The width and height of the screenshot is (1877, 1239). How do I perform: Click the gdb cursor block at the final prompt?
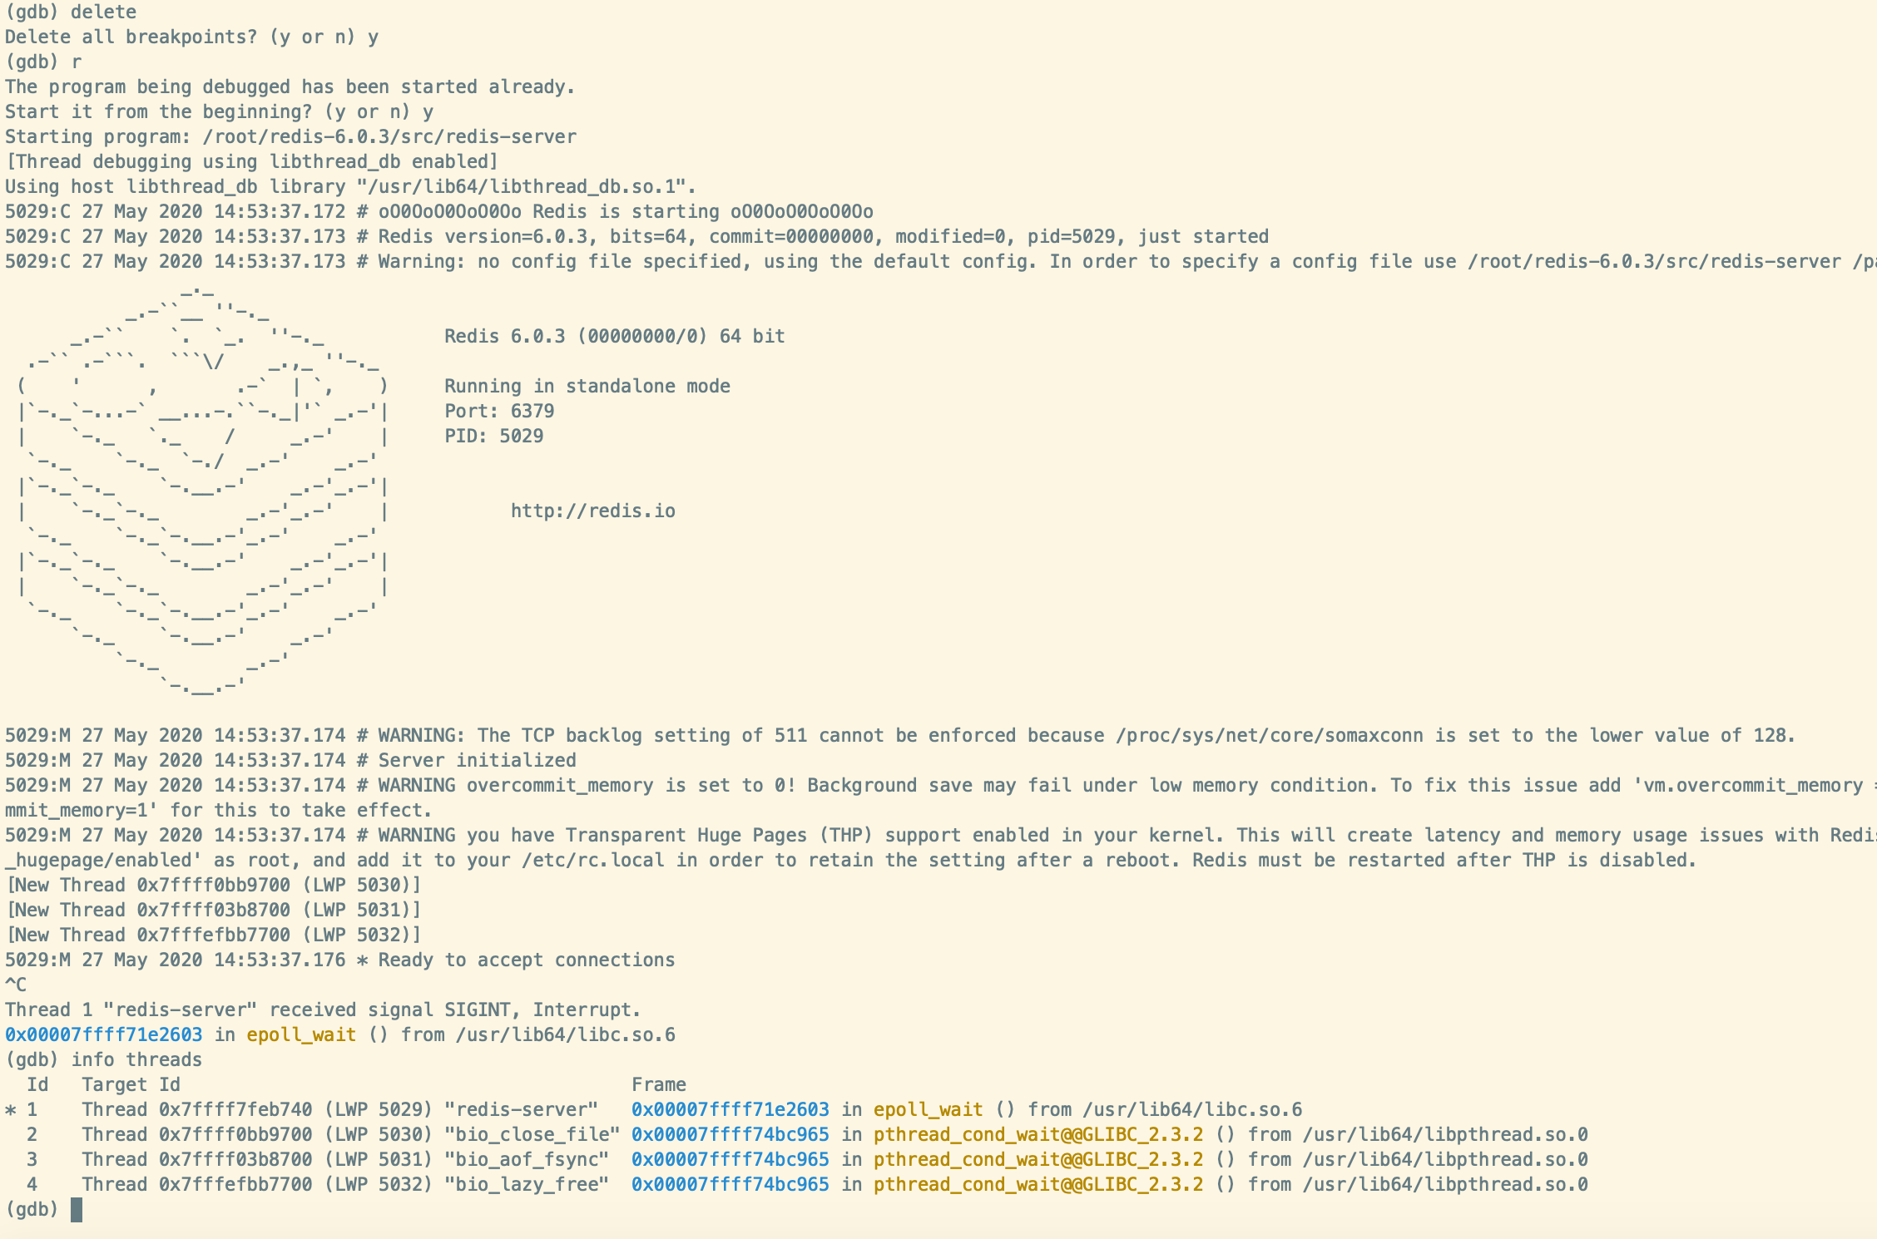tap(77, 1210)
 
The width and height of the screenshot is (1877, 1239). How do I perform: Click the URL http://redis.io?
tap(593, 511)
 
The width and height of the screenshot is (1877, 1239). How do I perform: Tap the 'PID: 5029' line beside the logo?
tap(493, 436)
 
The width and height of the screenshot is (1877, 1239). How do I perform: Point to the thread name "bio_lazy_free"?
tap(527, 1185)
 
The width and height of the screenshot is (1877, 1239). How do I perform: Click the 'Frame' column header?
tap(659, 1084)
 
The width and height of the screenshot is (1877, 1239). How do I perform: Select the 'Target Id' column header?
tap(131, 1084)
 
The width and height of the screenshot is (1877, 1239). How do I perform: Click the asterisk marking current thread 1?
tap(11, 1110)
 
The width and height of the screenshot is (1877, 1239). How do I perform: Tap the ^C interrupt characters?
tap(16, 985)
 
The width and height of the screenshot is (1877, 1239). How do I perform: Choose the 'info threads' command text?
tap(136, 1059)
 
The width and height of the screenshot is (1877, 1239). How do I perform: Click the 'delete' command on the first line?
tap(104, 12)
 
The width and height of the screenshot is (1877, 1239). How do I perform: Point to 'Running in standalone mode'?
tap(587, 386)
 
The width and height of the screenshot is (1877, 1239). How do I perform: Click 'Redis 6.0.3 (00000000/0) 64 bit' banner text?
tap(615, 336)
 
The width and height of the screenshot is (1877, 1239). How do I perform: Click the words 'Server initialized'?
tap(478, 760)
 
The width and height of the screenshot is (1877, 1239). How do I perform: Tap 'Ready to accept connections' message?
tap(527, 960)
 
